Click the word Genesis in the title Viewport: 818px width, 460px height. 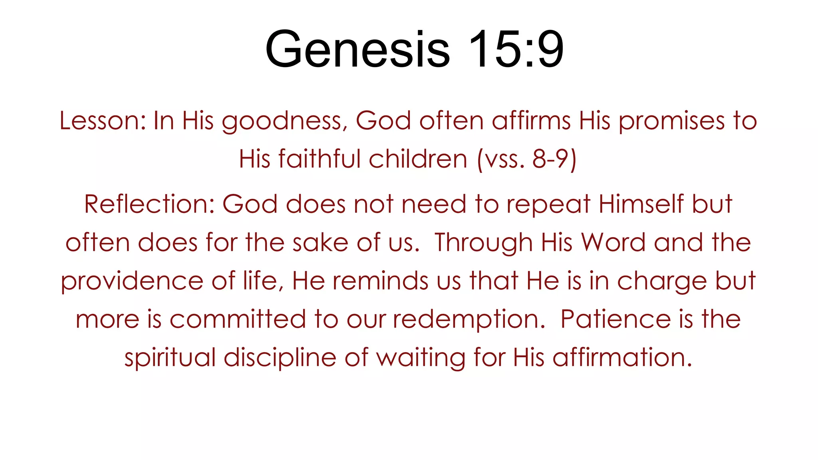(357, 50)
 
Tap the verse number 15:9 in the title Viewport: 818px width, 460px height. (516, 50)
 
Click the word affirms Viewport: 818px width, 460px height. (531, 121)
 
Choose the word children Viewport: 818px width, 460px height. (418, 159)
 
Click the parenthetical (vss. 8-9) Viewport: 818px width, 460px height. (527, 159)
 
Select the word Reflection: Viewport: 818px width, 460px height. (149, 204)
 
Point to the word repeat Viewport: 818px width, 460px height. (548, 205)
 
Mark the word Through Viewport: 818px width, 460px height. (484, 243)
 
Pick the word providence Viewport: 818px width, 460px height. (132, 281)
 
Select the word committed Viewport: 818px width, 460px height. (238, 319)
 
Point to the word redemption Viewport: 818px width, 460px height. (469, 319)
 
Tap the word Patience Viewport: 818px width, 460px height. (615, 319)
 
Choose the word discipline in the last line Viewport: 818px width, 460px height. (280, 357)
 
